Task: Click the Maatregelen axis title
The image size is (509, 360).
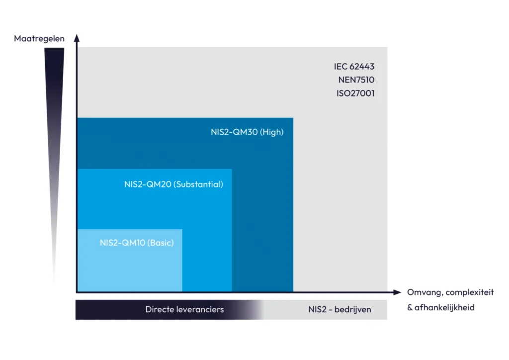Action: click(x=39, y=38)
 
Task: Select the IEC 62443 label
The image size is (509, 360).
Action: click(x=354, y=67)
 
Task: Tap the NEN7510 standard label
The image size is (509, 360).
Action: click(x=356, y=80)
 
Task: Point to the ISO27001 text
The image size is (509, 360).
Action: click(x=355, y=92)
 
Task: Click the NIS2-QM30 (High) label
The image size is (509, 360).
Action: click(x=247, y=133)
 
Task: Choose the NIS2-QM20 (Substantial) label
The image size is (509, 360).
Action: click(x=173, y=184)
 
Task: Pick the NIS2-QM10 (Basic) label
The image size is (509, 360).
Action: click(x=137, y=243)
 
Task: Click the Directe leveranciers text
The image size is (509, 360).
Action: click(x=184, y=309)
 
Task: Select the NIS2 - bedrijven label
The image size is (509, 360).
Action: click(x=339, y=310)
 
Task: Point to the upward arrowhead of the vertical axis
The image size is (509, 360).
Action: click(x=77, y=37)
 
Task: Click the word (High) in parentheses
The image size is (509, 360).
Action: click(x=271, y=133)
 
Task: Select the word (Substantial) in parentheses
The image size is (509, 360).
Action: click(x=198, y=184)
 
